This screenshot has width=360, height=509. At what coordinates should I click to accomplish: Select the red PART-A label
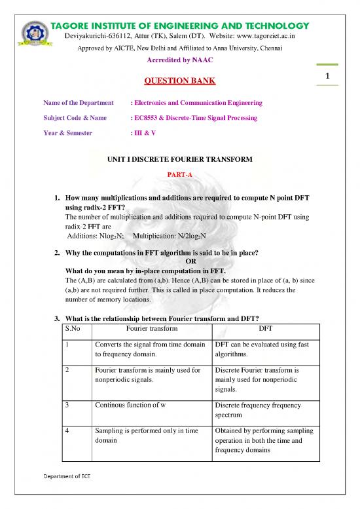pyautogui.click(x=180, y=175)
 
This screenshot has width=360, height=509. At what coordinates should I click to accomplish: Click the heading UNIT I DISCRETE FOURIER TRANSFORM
pyautogui.click(x=180, y=160)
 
